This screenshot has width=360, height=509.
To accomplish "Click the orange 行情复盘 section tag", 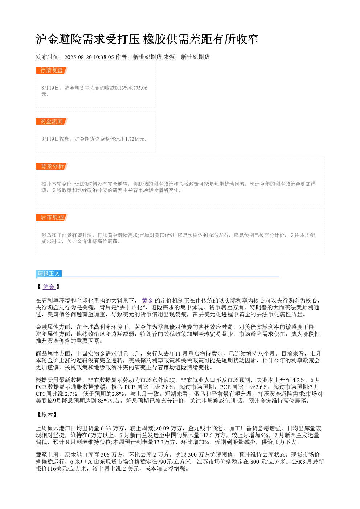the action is (x=52, y=70).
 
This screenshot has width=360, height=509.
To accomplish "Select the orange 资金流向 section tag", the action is (x=52, y=121).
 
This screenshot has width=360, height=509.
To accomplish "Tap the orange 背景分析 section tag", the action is (x=52, y=166).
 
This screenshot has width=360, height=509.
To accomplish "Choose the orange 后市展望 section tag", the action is (x=52, y=217).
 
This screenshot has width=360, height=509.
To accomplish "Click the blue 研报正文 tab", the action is (x=49, y=273).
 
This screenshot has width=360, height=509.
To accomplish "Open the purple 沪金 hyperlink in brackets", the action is (x=49, y=287).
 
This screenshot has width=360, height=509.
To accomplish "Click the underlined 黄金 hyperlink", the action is (x=148, y=301).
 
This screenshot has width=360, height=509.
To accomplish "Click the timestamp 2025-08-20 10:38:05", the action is (x=89, y=57).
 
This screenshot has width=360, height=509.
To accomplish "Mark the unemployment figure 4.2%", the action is (x=298, y=380).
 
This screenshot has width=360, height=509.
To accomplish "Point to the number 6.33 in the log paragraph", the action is (x=106, y=428).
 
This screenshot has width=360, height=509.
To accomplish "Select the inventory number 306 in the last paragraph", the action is (x=105, y=455).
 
